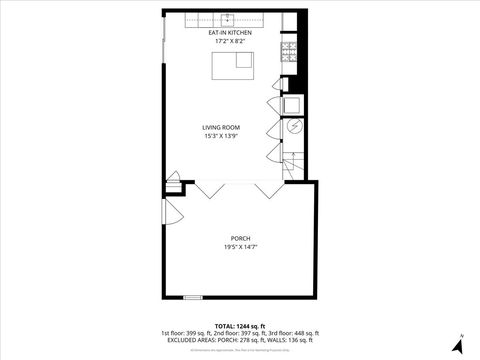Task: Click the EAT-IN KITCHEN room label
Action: (x=229, y=33)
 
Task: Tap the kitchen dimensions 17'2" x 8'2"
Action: (x=229, y=41)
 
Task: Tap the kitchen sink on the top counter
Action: (x=228, y=17)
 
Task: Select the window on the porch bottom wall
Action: (x=191, y=297)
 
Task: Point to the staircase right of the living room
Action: (x=292, y=164)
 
